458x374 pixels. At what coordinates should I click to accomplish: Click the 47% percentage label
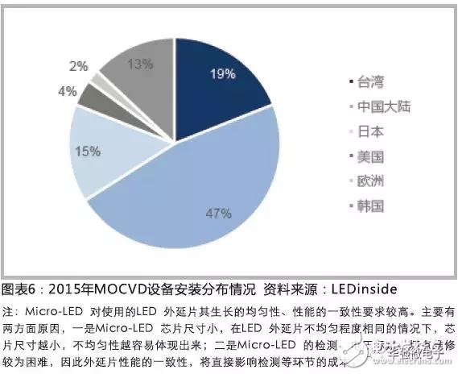click(218, 214)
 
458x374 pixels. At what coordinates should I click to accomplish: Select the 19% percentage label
click(222, 74)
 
